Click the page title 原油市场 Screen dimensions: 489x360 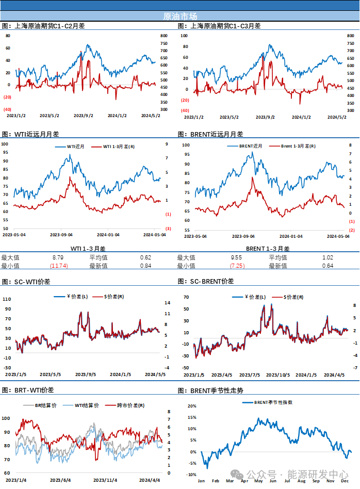[x=179, y=16]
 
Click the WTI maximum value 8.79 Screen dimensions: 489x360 [x=58, y=257]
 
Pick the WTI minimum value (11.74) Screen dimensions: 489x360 [x=59, y=266]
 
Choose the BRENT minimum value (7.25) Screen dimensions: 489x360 [x=237, y=266]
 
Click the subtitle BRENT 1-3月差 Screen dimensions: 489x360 [x=268, y=249]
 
